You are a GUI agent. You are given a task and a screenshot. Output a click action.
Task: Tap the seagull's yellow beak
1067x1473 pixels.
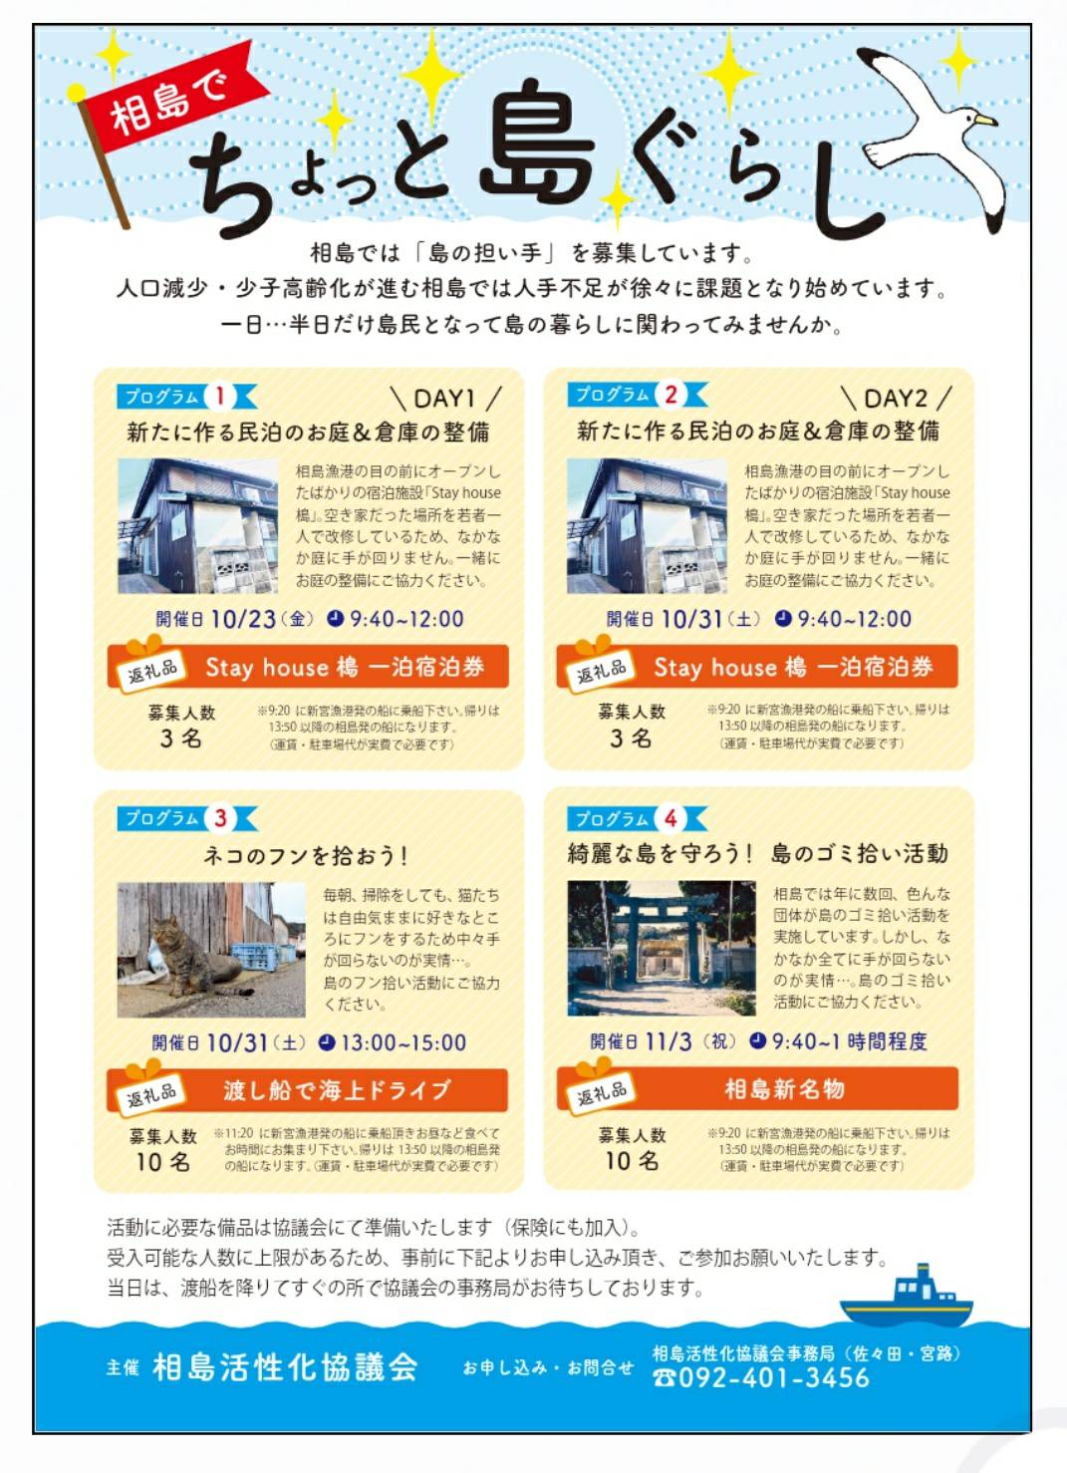pyautogui.click(x=985, y=120)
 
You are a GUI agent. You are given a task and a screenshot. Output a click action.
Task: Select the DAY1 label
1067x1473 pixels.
pyautogui.click(x=444, y=399)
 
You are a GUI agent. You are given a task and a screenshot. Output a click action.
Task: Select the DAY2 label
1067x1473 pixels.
pyautogui.click(x=895, y=398)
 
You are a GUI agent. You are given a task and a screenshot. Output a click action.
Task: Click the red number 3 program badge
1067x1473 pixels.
pyautogui.click(x=220, y=818)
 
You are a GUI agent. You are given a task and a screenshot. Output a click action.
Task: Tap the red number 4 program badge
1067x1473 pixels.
pyautogui.click(x=670, y=818)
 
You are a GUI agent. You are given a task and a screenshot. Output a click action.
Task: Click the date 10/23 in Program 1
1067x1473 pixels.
pyautogui.click(x=243, y=619)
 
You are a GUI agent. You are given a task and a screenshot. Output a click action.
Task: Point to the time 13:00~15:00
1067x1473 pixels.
pyautogui.click(x=403, y=1042)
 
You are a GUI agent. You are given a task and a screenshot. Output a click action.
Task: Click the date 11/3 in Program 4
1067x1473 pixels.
pyautogui.click(x=668, y=1041)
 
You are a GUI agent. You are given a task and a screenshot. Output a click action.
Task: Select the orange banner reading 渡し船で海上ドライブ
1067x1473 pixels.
pyautogui.click(x=307, y=1090)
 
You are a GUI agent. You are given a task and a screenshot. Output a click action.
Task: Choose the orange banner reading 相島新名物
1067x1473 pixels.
pyautogui.click(x=757, y=1089)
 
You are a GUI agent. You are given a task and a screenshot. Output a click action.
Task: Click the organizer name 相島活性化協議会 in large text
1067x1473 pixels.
pyautogui.click(x=285, y=1367)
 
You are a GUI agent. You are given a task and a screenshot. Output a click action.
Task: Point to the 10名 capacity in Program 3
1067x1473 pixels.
pyautogui.click(x=163, y=1162)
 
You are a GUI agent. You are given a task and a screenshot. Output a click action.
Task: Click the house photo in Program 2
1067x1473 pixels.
pyautogui.click(x=647, y=526)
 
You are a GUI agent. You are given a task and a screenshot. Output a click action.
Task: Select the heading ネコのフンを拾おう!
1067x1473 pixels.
pyautogui.click(x=306, y=855)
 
